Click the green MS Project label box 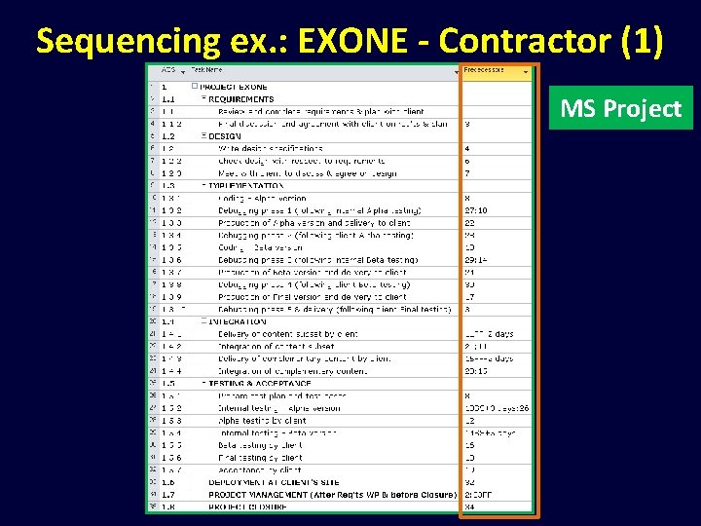pos(620,108)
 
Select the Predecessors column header pos(496,71)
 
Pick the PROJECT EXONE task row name pos(234,87)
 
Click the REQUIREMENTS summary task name pos(241,98)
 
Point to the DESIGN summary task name pos(226,136)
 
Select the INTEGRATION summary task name pos(238,321)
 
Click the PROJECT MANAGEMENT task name pos(331,495)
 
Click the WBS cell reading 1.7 pos(168,495)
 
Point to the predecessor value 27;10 pos(476,210)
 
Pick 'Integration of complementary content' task pos(293,370)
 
